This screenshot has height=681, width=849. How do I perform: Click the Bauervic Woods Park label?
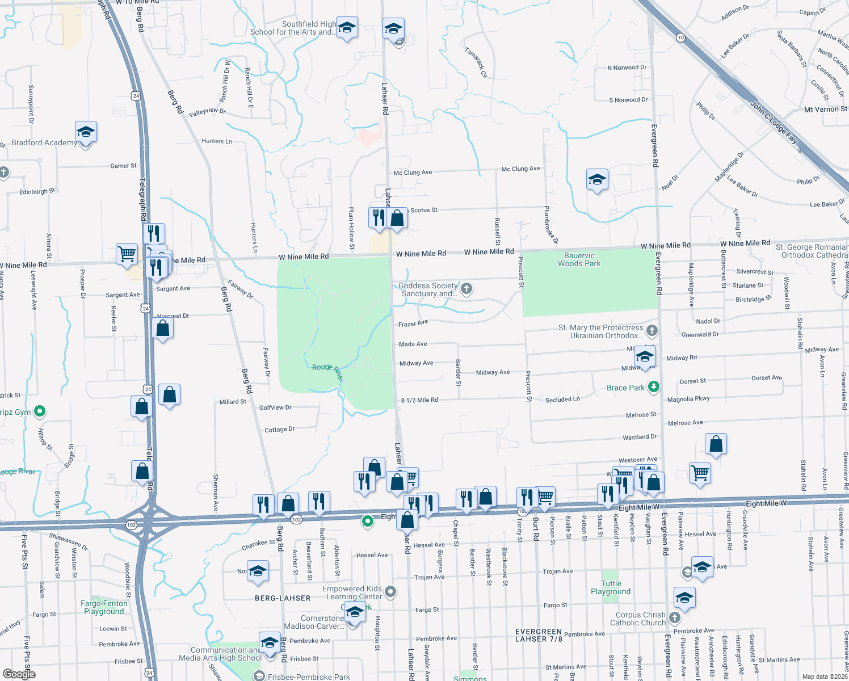[x=579, y=259]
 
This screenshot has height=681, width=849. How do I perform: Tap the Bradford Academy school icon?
[x=86, y=132]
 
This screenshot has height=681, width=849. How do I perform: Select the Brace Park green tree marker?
[x=654, y=387]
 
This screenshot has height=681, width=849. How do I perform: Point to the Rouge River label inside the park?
[x=328, y=371]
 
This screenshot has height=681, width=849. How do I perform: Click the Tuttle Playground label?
[x=611, y=587]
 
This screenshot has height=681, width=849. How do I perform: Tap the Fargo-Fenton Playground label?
[x=104, y=607]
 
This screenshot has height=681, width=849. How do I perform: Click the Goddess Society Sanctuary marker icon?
[x=466, y=289]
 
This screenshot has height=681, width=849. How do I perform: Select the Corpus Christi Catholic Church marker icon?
[x=674, y=617]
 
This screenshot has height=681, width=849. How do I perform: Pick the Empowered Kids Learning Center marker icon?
[x=390, y=592]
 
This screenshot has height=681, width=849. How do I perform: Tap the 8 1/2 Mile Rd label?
[x=419, y=400]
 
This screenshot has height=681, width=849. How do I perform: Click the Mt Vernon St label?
[x=825, y=109]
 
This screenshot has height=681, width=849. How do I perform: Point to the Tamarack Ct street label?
[x=476, y=62]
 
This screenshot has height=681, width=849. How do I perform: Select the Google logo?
[x=19, y=674]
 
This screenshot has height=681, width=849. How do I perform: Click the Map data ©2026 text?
[x=825, y=676]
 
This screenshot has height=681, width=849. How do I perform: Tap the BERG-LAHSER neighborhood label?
[x=283, y=598]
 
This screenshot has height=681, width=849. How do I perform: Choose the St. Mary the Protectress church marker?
[x=652, y=330]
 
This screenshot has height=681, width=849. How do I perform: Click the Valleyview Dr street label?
[x=207, y=112]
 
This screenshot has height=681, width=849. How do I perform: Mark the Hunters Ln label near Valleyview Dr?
[x=217, y=141]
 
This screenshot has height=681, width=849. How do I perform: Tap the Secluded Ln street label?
[x=562, y=400]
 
